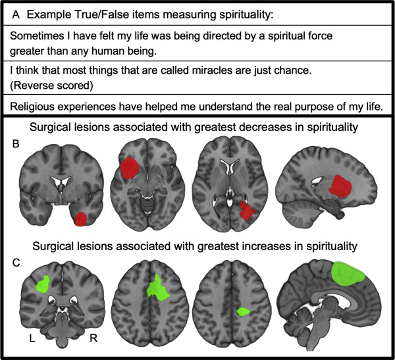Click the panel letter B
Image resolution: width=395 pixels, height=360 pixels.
(9, 140)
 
